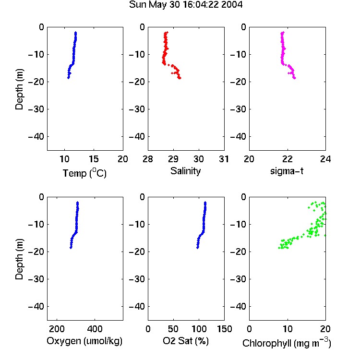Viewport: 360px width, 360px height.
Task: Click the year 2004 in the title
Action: pyautogui.click(x=232, y=5)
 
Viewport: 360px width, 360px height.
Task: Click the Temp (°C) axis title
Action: pyautogui.click(x=84, y=173)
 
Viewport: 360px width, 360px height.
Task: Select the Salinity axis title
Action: pyautogui.click(x=185, y=171)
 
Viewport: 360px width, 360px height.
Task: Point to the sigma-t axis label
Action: pyautogui.click(x=287, y=171)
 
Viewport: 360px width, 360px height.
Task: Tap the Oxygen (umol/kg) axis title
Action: pyautogui.click(x=84, y=341)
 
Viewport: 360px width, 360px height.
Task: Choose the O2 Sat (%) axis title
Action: pyautogui.click(x=186, y=341)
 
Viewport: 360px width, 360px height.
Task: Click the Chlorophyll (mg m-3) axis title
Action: pyautogui.click(x=287, y=343)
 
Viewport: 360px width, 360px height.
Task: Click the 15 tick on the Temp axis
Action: pyautogui.click(x=94, y=159)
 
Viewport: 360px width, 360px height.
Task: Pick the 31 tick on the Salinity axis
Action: pyautogui.click(x=224, y=159)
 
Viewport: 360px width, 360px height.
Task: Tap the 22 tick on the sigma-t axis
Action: pyautogui.click(x=287, y=159)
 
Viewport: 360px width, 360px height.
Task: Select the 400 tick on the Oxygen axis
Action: pyautogui.click(x=95, y=329)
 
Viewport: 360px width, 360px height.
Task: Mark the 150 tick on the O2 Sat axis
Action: pyautogui.click(x=225, y=329)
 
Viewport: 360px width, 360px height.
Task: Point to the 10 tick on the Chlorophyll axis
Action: pyautogui.click(x=288, y=329)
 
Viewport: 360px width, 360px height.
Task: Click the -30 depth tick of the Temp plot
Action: pyautogui.click(x=36, y=109)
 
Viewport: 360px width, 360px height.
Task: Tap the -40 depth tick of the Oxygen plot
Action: pyautogui.click(x=36, y=306)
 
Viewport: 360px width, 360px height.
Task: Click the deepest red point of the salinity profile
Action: pyautogui.click(x=180, y=78)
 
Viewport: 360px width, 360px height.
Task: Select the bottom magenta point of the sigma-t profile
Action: pyautogui.click(x=294, y=78)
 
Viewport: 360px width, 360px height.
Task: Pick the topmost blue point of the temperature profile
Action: pyautogui.click(x=75, y=33)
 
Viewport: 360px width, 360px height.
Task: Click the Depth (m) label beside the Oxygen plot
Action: pyautogui.click(x=19, y=259)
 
